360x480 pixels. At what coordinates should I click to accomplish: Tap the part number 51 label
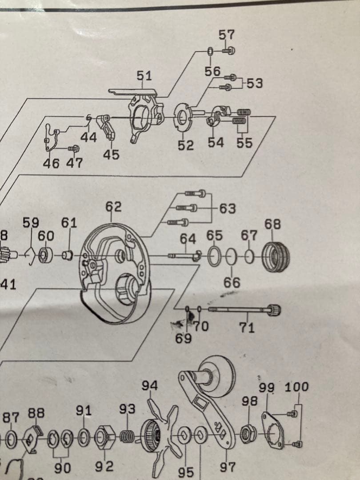point(144,76)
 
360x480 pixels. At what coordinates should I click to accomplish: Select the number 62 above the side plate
point(113,207)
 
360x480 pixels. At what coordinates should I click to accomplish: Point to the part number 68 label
point(272,224)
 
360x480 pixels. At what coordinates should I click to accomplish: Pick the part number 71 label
point(247,328)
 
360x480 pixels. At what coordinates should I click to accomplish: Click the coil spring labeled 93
point(128,436)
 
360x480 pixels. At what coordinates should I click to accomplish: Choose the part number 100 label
point(296,387)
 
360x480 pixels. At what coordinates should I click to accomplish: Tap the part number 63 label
point(228,208)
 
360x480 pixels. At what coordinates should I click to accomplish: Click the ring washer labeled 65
point(214,257)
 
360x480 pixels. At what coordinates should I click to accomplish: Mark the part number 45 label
point(111,154)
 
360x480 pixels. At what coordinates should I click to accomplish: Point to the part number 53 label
point(255,83)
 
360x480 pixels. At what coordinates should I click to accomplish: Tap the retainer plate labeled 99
point(272,428)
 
